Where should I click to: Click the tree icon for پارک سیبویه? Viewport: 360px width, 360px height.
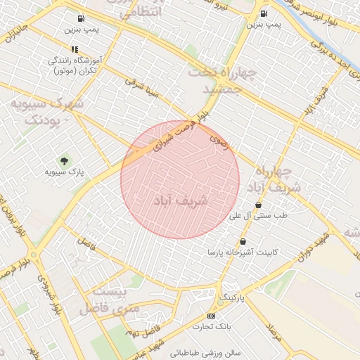[x=65, y=161]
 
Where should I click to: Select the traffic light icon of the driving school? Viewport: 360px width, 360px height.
[x=75, y=50]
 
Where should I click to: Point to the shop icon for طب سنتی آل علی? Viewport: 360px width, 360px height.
[x=259, y=205]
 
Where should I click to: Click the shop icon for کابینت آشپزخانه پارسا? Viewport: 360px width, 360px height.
[x=243, y=241]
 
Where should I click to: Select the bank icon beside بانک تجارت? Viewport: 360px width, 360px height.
[x=212, y=316]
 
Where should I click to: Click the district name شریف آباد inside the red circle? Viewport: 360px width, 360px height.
[x=181, y=200]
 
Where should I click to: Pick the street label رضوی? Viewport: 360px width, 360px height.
[x=219, y=140]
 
